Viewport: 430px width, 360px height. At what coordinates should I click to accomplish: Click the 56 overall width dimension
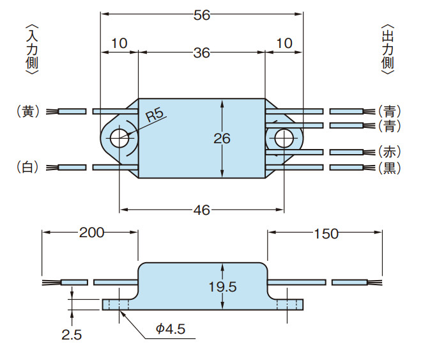point(202,15)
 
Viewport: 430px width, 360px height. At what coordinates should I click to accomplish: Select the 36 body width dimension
point(202,53)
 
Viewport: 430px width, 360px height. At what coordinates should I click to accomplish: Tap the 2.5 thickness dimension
point(72,334)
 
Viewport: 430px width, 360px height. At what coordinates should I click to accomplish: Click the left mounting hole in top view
point(119,137)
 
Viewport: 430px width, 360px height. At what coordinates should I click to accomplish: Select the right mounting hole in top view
point(284,137)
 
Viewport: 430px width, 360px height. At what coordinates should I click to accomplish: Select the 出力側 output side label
point(388,50)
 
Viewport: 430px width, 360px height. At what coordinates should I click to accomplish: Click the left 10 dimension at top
point(119,43)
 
